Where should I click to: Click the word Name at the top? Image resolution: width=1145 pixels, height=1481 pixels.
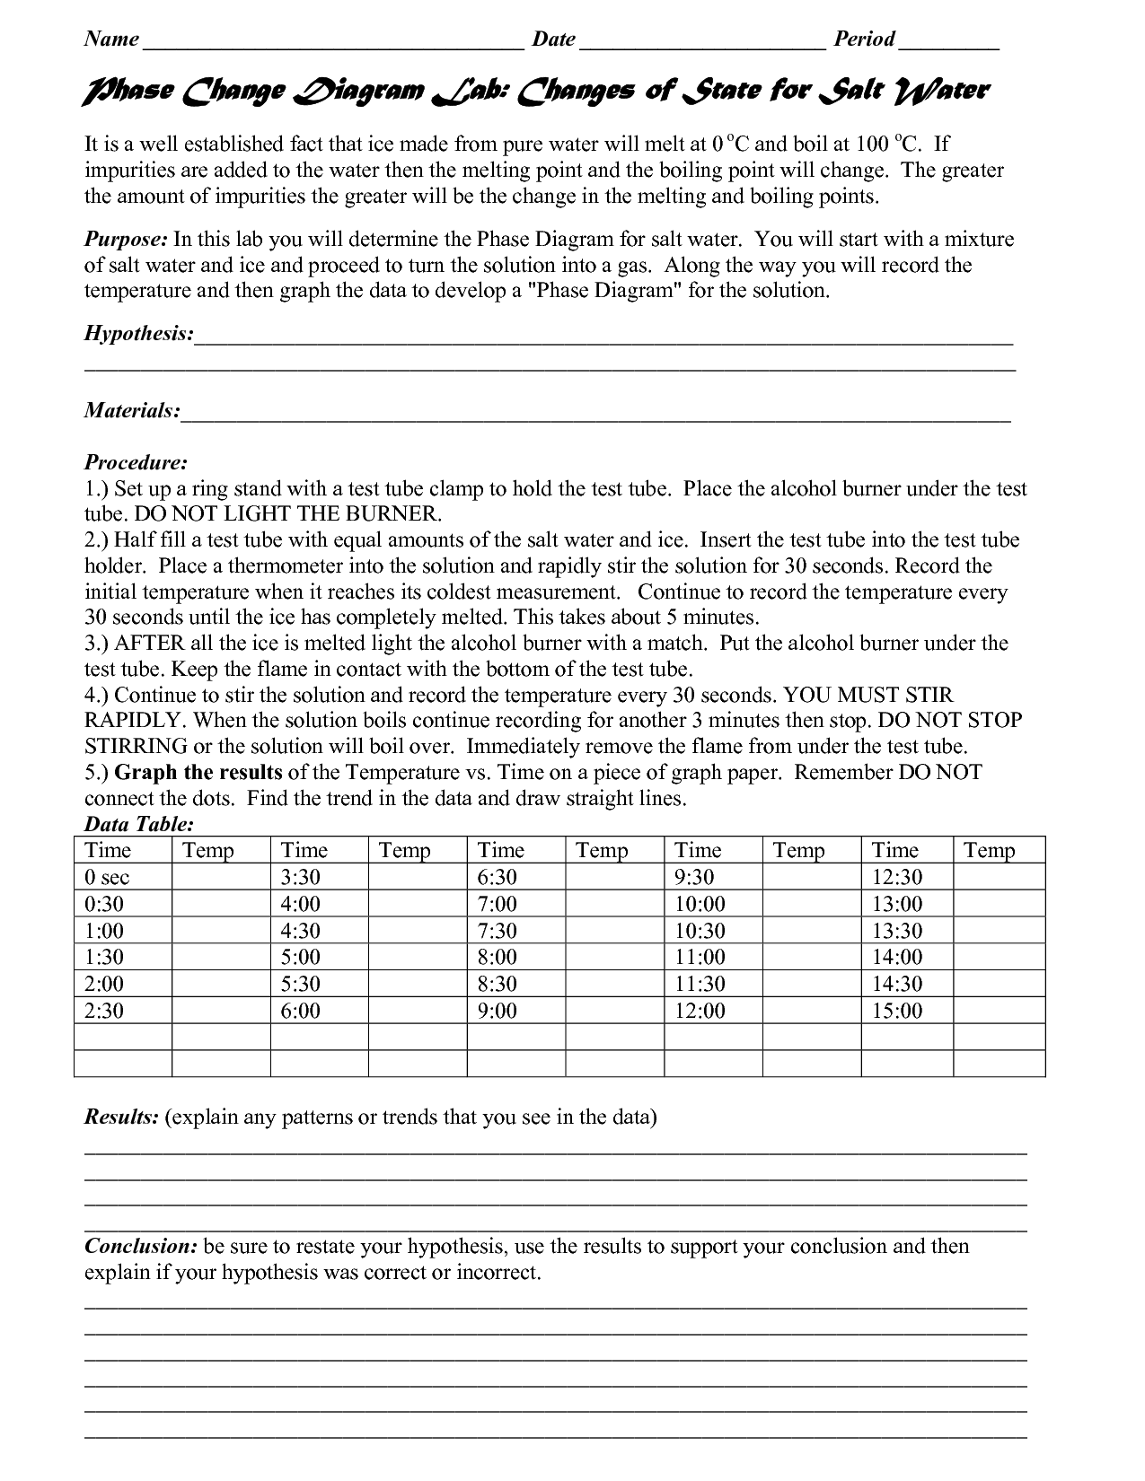coord(111,39)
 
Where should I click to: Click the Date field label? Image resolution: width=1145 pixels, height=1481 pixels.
coord(553,39)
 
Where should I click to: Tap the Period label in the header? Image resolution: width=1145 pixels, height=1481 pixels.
coord(864,39)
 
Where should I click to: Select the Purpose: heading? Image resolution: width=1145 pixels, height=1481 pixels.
coord(126,240)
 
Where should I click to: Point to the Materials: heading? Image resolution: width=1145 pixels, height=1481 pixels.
coord(132,410)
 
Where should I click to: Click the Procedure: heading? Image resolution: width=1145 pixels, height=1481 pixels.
coord(136,462)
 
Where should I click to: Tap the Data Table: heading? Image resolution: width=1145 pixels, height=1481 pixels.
coord(139,824)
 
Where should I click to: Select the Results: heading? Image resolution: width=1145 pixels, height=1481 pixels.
coord(121,1117)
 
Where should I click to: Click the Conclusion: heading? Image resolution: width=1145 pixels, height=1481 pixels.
coord(141,1247)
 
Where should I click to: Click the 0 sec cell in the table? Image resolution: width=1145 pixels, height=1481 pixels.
coord(113,877)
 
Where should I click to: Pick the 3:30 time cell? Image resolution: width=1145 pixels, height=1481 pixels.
coord(301,877)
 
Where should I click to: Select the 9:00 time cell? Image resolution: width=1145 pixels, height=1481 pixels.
coord(498,1011)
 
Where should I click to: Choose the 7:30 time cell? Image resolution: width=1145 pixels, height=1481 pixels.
coord(498,931)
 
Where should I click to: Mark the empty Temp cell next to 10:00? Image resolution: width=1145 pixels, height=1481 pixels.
coord(812,904)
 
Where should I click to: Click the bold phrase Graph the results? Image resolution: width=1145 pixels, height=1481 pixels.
coord(199,773)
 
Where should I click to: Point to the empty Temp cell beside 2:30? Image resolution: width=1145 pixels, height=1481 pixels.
coord(221,1011)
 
